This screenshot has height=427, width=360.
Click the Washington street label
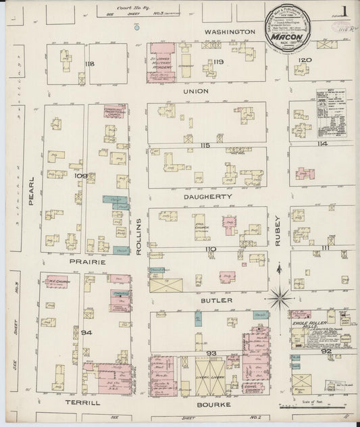pos(231,32)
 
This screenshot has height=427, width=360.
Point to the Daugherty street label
pos(209,196)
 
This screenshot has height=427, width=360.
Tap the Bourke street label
pos(214,405)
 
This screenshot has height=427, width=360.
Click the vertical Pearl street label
pos(31,191)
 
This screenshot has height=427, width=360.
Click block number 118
pos(88,64)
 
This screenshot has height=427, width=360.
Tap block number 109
pos(80,175)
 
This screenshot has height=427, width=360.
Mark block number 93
pos(211,353)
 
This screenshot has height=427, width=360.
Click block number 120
pos(305,60)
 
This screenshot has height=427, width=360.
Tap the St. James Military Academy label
pos(161,65)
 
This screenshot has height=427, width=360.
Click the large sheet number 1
pos(344,11)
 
